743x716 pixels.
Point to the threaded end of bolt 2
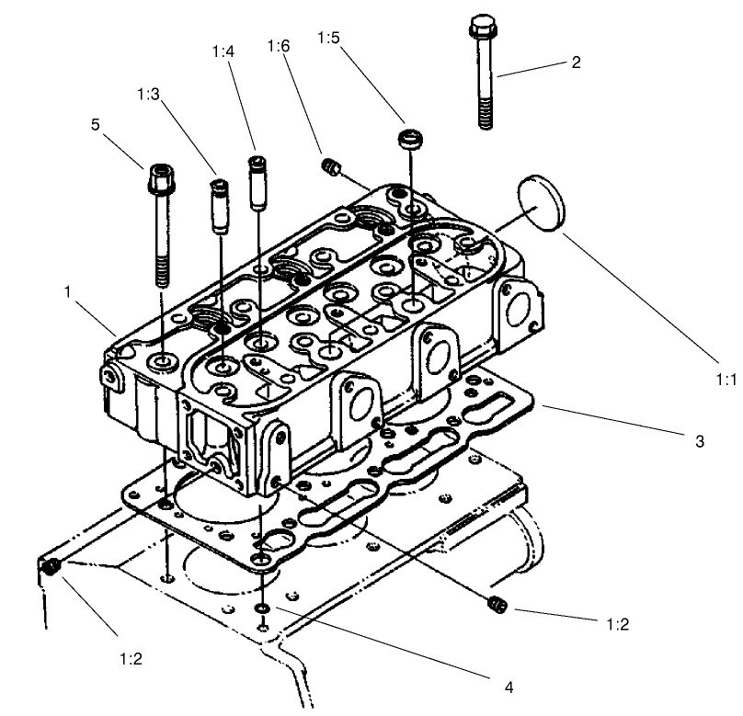point(485,115)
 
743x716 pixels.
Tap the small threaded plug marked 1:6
point(331,166)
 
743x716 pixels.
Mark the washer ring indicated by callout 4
point(264,608)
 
